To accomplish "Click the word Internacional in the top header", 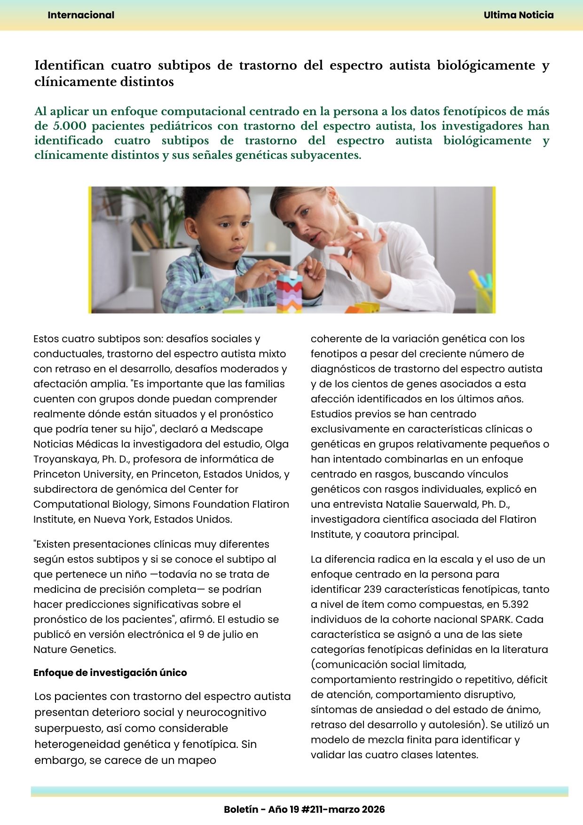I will click(81, 15).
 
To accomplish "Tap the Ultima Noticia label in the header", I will click(519, 15).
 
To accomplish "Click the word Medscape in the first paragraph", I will click(236, 429).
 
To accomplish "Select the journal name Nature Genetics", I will click(74, 650).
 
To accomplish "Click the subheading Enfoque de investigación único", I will click(110, 673).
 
